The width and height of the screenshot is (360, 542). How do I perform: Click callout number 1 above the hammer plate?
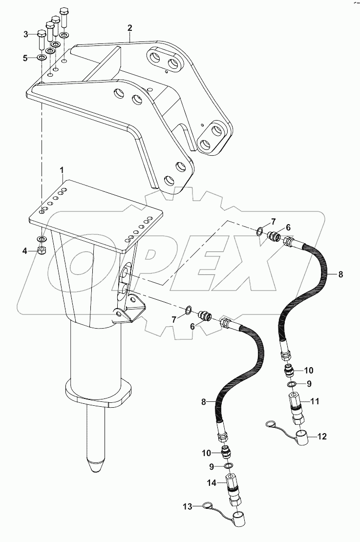coord(62,169)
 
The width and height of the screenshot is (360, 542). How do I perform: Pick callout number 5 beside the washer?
coord(26,58)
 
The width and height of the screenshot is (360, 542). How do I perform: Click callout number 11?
coord(315,401)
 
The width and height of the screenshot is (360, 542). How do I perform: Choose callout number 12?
coord(322,436)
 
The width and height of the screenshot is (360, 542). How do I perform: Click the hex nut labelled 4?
coord(42,251)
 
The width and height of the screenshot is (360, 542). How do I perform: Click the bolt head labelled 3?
coord(41,35)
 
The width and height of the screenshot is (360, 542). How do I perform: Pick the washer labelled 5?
coord(42,58)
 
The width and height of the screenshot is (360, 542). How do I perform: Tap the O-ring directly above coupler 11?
coord(291,384)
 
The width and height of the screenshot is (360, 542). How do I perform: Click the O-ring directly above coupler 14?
coord(229,466)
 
